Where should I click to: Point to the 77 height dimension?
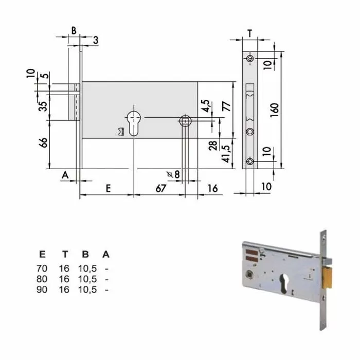(226, 107)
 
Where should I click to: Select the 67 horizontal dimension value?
(160, 188)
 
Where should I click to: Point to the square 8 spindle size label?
(174, 174)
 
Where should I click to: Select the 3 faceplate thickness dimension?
(96, 40)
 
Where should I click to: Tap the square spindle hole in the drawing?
(185, 121)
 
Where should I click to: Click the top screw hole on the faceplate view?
(249, 60)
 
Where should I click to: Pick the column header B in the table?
(86, 254)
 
